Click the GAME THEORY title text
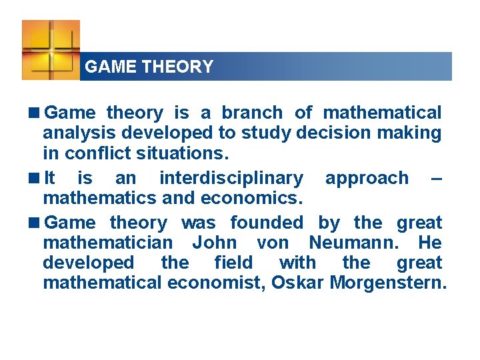click(x=149, y=67)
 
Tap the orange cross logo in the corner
click(x=51, y=49)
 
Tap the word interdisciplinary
click(x=231, y=178)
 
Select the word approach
click(x=367, y=178)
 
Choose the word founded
click(x=266, y=223)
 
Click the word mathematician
click(x=107, y=243)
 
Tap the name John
click(x=213, y=243)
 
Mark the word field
click(x=233, y=263)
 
